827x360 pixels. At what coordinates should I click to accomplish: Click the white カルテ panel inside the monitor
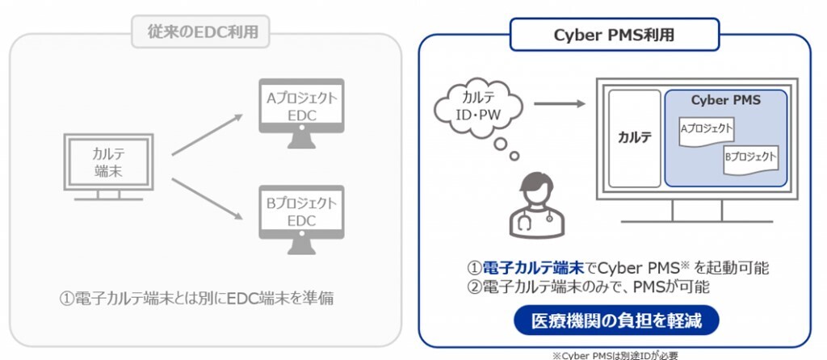pyautogui.click(x=634, y=138)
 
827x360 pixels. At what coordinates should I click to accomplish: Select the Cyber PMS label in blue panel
pyautogui.click(x=725, y=101)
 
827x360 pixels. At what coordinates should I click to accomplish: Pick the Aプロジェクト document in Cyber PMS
pyautogui.click(x=707, y=130)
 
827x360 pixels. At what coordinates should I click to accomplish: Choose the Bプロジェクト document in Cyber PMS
pyautogui.click(x=750, y=158)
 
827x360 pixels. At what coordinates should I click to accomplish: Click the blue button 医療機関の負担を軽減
pyautogui.click(x=615, y=320)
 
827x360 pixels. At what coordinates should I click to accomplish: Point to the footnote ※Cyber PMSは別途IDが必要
pyautogui.click(x=615, y=354)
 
